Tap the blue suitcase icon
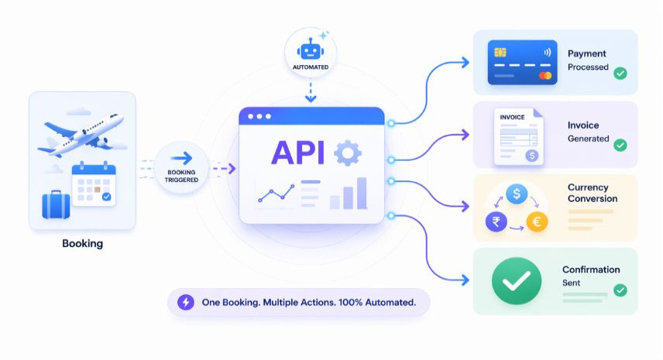[x=56, y=204]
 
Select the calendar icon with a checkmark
[x=93, y=183]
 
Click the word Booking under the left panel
[x=82, y=244]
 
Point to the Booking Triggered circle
[x=181, y=168]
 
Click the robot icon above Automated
[x=310, y=50]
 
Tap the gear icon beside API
[x=347, y=153]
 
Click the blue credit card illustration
[x=522, y=62]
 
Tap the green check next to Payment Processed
[x=620, y=74]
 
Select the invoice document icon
[x=518, y=136]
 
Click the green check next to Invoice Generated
[x=620, y=145]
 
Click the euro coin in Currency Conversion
[x=537, y=222]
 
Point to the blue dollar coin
[x=516, y=194]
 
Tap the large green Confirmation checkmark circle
[x=517, y=280]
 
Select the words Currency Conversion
[x=588, y=192]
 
